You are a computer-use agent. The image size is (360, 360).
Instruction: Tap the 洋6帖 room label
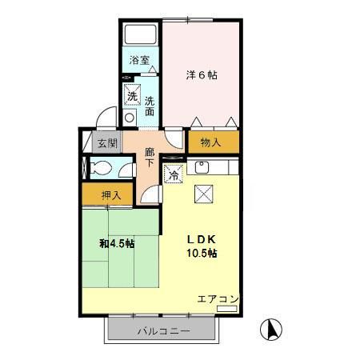click(202, 75)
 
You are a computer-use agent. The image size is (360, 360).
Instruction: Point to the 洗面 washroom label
click(150, 106)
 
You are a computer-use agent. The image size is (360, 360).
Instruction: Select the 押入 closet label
click(111, 194)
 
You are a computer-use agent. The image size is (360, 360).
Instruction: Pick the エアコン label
click(218, 299)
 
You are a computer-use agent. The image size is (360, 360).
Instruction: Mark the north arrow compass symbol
click(271, 329)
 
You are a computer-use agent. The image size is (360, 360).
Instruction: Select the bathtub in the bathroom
click(142, 34)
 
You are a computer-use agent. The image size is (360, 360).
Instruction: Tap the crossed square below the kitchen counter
click(204, 192)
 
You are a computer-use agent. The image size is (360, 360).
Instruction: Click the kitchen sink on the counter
click(202, 168)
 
